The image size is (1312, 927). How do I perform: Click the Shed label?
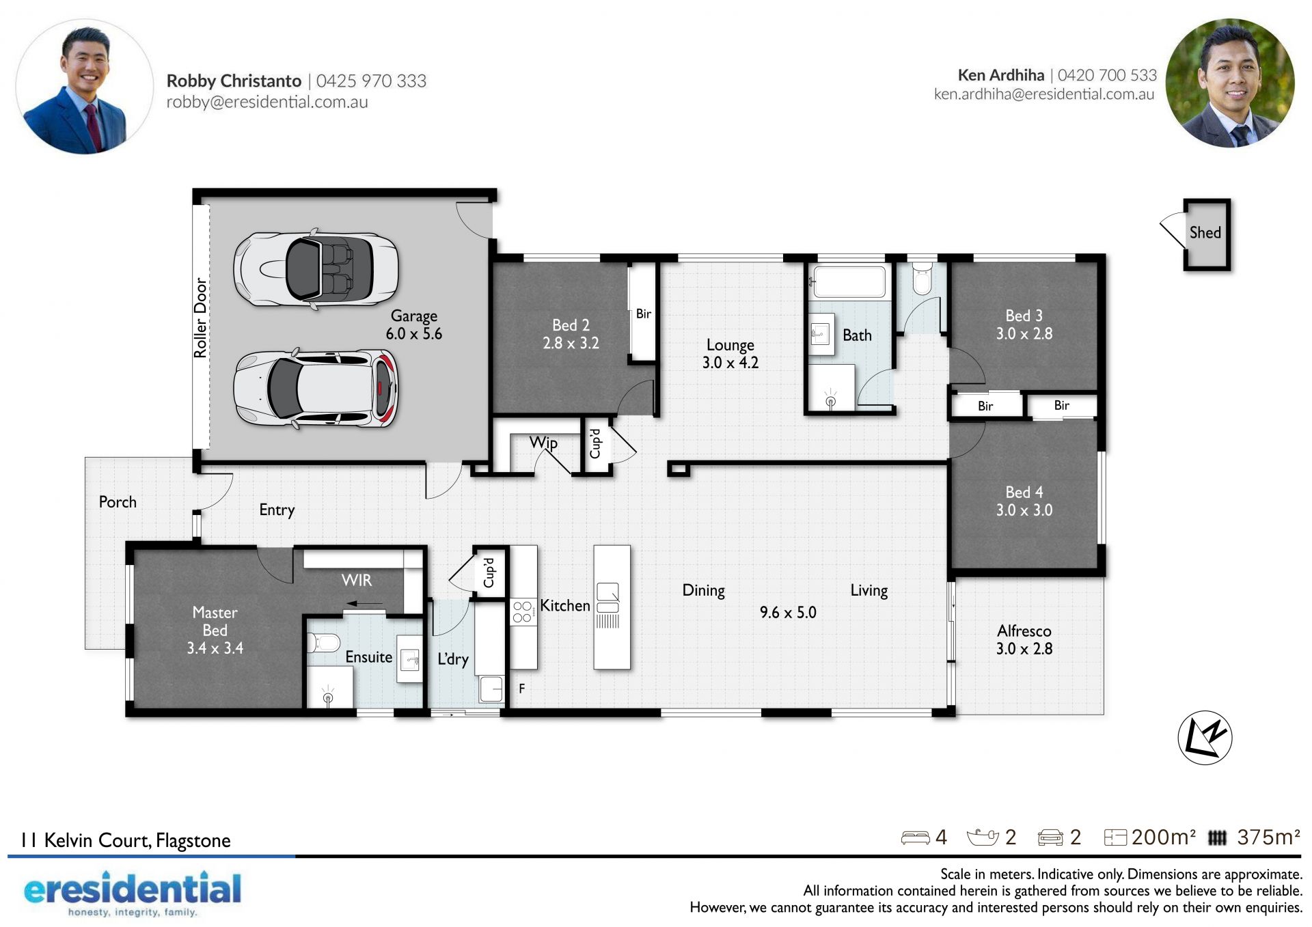coord(1205,233)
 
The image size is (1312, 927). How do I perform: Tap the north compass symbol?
coord(1205,738)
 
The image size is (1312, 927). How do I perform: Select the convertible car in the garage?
coord(316,268)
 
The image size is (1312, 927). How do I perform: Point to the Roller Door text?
coord(200,318)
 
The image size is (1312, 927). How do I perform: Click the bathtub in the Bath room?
coord(849,281)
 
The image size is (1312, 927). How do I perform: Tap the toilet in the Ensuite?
coord(323,643)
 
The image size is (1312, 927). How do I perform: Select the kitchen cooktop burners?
coord(522,611)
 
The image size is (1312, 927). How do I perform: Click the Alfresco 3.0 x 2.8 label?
coord(1024,640)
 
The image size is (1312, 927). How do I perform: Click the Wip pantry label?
coord(543,443)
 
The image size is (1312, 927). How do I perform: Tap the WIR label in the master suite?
coord(357,580)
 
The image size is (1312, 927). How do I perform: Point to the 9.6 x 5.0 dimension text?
coord(788,612)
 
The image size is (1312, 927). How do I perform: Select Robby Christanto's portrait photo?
coord(85,86)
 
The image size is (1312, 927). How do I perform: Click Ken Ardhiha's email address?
coord(1044,94)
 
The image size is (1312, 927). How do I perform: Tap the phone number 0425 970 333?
coord(371,81)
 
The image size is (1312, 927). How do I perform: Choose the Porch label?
coord(118,502)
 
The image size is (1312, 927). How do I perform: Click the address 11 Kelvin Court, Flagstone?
coord(126,840)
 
